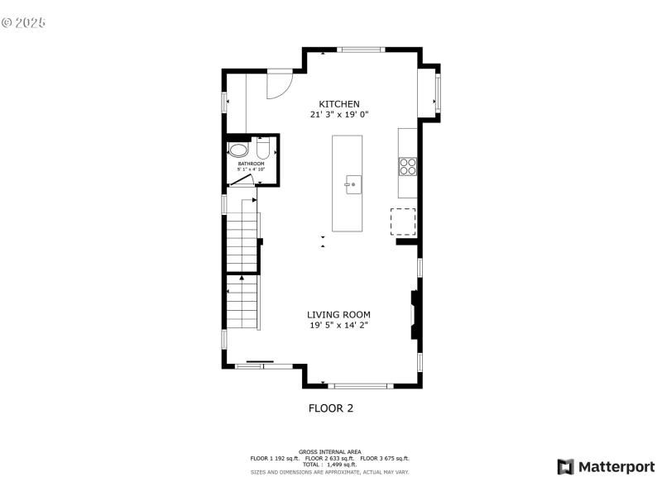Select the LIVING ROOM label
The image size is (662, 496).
338,315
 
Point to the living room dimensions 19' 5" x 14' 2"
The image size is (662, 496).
338,326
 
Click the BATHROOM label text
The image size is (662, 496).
250,164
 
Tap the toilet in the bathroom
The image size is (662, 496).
262,150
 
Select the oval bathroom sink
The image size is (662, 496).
238,151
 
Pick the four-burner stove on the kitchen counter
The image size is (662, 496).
407,166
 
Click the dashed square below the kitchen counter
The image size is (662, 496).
403,222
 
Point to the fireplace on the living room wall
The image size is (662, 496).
414,315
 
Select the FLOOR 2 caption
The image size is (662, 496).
331,408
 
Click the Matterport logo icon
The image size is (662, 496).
566,467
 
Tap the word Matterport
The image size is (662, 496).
616,467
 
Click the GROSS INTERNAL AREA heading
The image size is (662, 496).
330,451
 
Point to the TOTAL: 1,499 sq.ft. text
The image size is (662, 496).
329,465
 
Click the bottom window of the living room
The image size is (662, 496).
359,385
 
